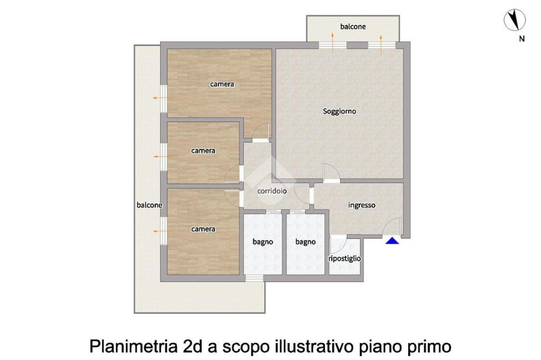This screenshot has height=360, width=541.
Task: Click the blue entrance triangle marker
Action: point(393,241)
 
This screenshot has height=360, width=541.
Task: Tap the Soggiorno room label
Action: point(339,111)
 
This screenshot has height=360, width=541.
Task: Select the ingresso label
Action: point(361,205)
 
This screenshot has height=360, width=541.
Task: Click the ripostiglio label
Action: point(344,259)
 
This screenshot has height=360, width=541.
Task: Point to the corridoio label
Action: point(272,191)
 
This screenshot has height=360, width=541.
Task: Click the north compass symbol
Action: point(515,20)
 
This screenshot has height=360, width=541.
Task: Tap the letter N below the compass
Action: point(521,39)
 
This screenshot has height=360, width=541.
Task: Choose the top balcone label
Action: point(352,26)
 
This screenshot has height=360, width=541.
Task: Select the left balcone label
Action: point(150,205)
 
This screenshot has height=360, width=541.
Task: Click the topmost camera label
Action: point(222,84)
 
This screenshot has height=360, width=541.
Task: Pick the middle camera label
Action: point(203,150)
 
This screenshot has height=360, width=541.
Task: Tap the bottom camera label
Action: point(203,229)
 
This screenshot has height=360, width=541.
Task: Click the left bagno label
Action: point(263,242)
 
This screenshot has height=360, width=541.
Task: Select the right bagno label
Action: point(305,242)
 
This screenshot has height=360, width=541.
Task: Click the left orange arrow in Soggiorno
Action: point(332,43)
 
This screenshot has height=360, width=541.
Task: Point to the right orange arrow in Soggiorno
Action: point(381,44)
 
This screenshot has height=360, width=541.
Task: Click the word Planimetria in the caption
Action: point(133,346)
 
